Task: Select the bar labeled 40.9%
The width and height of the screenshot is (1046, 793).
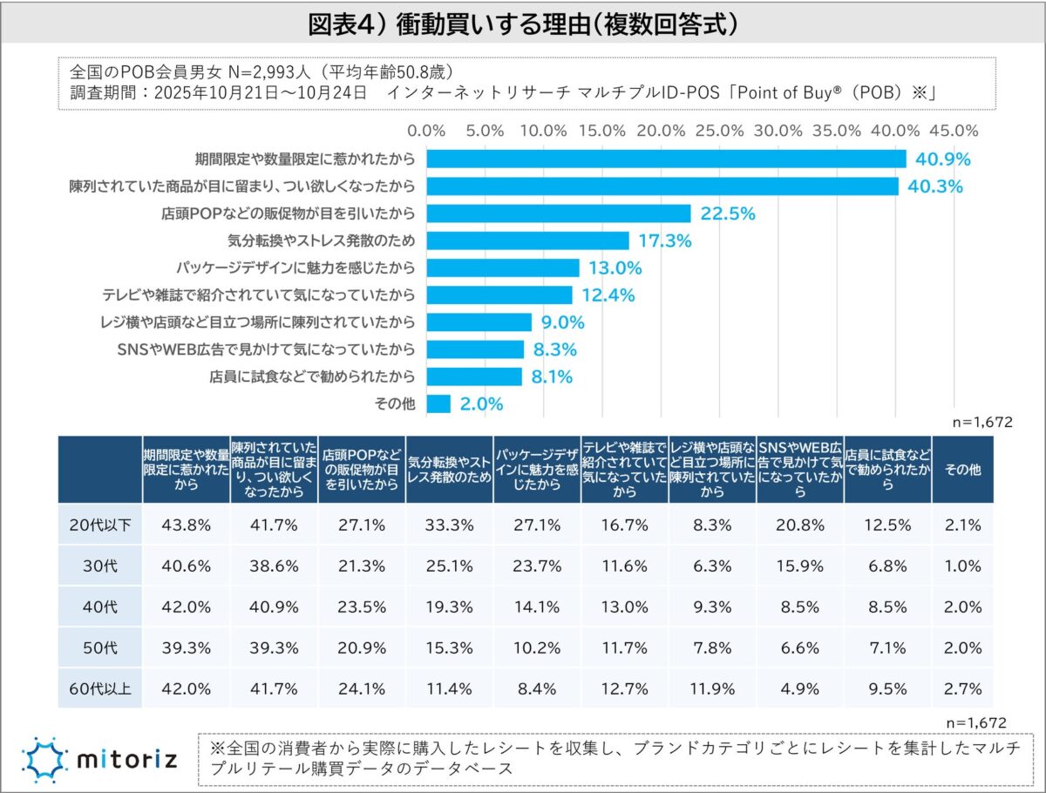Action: [x=667, y=159]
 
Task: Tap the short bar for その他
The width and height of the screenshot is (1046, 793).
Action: [x=438, y=403]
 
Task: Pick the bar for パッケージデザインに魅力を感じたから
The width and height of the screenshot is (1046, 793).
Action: [x=503, y=268]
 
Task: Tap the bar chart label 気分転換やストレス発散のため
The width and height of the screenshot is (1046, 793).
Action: [x=321, y=241]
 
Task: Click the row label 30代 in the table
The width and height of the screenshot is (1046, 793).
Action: [x=99, y=566]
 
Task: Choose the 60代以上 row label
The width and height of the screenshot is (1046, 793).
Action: [x=99, y=688]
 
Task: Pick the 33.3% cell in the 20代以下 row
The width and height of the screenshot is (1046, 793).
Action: [x=450, y=525]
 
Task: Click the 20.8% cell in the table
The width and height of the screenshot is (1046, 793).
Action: [x=799, y=525]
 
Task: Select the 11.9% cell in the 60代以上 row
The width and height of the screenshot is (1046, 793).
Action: [x=712, y=688]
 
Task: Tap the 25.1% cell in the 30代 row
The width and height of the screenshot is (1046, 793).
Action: [x=450, y=566]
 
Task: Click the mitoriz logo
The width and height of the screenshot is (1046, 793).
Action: [x=99, y=757]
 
